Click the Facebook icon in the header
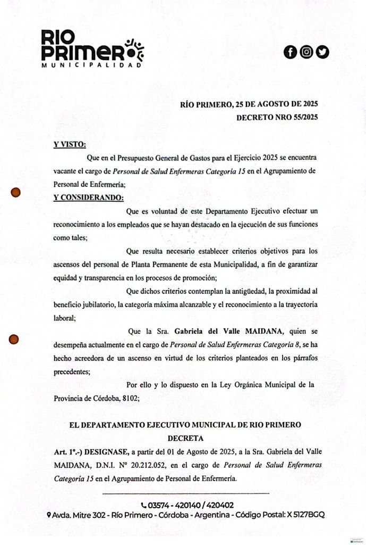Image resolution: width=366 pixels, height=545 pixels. click(290, 52)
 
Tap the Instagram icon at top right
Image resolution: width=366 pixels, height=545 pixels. click(306, 52)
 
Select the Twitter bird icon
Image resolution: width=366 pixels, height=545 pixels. click(322, 52)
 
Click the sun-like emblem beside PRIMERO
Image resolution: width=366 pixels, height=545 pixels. click(134, 49)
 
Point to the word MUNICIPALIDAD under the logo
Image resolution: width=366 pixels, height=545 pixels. click(92, 65)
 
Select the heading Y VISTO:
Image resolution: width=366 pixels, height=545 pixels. click(70, 144)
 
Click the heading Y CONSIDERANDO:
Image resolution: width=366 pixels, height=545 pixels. click(88, 199)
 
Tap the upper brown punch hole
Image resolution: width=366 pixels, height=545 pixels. click(15, 193)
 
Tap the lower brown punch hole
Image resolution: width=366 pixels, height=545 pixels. click(15, 338)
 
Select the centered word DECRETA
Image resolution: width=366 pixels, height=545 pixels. click(185, 439)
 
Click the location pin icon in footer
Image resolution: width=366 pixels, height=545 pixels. click(49, 515)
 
